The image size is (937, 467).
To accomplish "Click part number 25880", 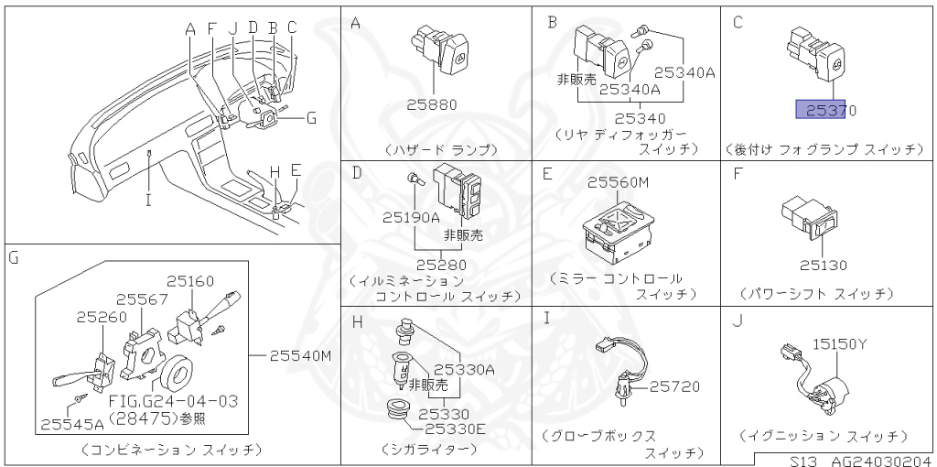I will (432, 105).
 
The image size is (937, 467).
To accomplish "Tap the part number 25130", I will (823, 266).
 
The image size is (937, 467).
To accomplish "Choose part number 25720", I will (674, 387).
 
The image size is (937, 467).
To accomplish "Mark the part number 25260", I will (101, 317).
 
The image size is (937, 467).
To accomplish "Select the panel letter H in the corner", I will (357, 321).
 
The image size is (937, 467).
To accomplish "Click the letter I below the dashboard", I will (147, 199).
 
